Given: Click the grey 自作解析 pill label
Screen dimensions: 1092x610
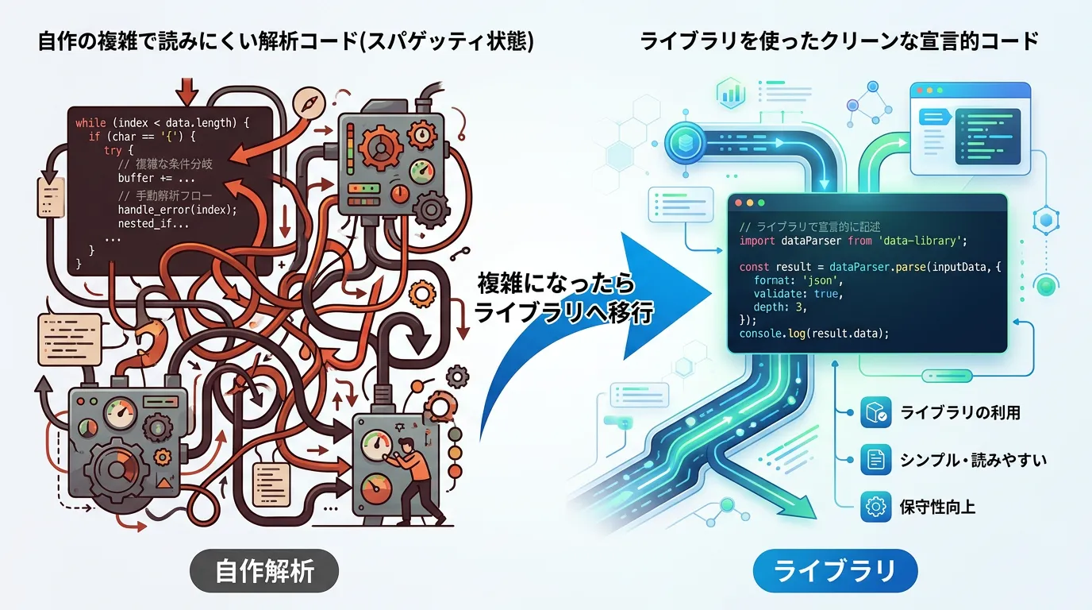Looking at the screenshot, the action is click(x=264, y=570).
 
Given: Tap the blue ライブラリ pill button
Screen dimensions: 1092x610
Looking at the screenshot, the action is click(x=835, y=570).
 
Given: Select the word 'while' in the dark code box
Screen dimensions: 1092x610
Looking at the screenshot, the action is click(x=90, y=123).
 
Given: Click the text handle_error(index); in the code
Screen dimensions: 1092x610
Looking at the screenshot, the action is click(x=177, y=210).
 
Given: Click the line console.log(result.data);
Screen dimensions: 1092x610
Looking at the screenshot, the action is click(x=813, y=334).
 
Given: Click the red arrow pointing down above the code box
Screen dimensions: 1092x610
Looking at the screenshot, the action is click(x=186, y=91).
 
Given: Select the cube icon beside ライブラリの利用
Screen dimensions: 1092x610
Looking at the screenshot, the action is click(x=875, y=412).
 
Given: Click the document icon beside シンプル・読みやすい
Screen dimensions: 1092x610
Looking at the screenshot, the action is click(x=875, y=459).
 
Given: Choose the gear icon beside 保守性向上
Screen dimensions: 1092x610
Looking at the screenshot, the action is click(x=875, y=507).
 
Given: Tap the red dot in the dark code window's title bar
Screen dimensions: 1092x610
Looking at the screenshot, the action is click(x=738, y=203).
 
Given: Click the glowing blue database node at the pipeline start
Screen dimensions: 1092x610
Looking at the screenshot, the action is click(x=685, y=142).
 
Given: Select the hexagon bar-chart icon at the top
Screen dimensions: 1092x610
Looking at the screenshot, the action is click(x=731, y=93).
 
